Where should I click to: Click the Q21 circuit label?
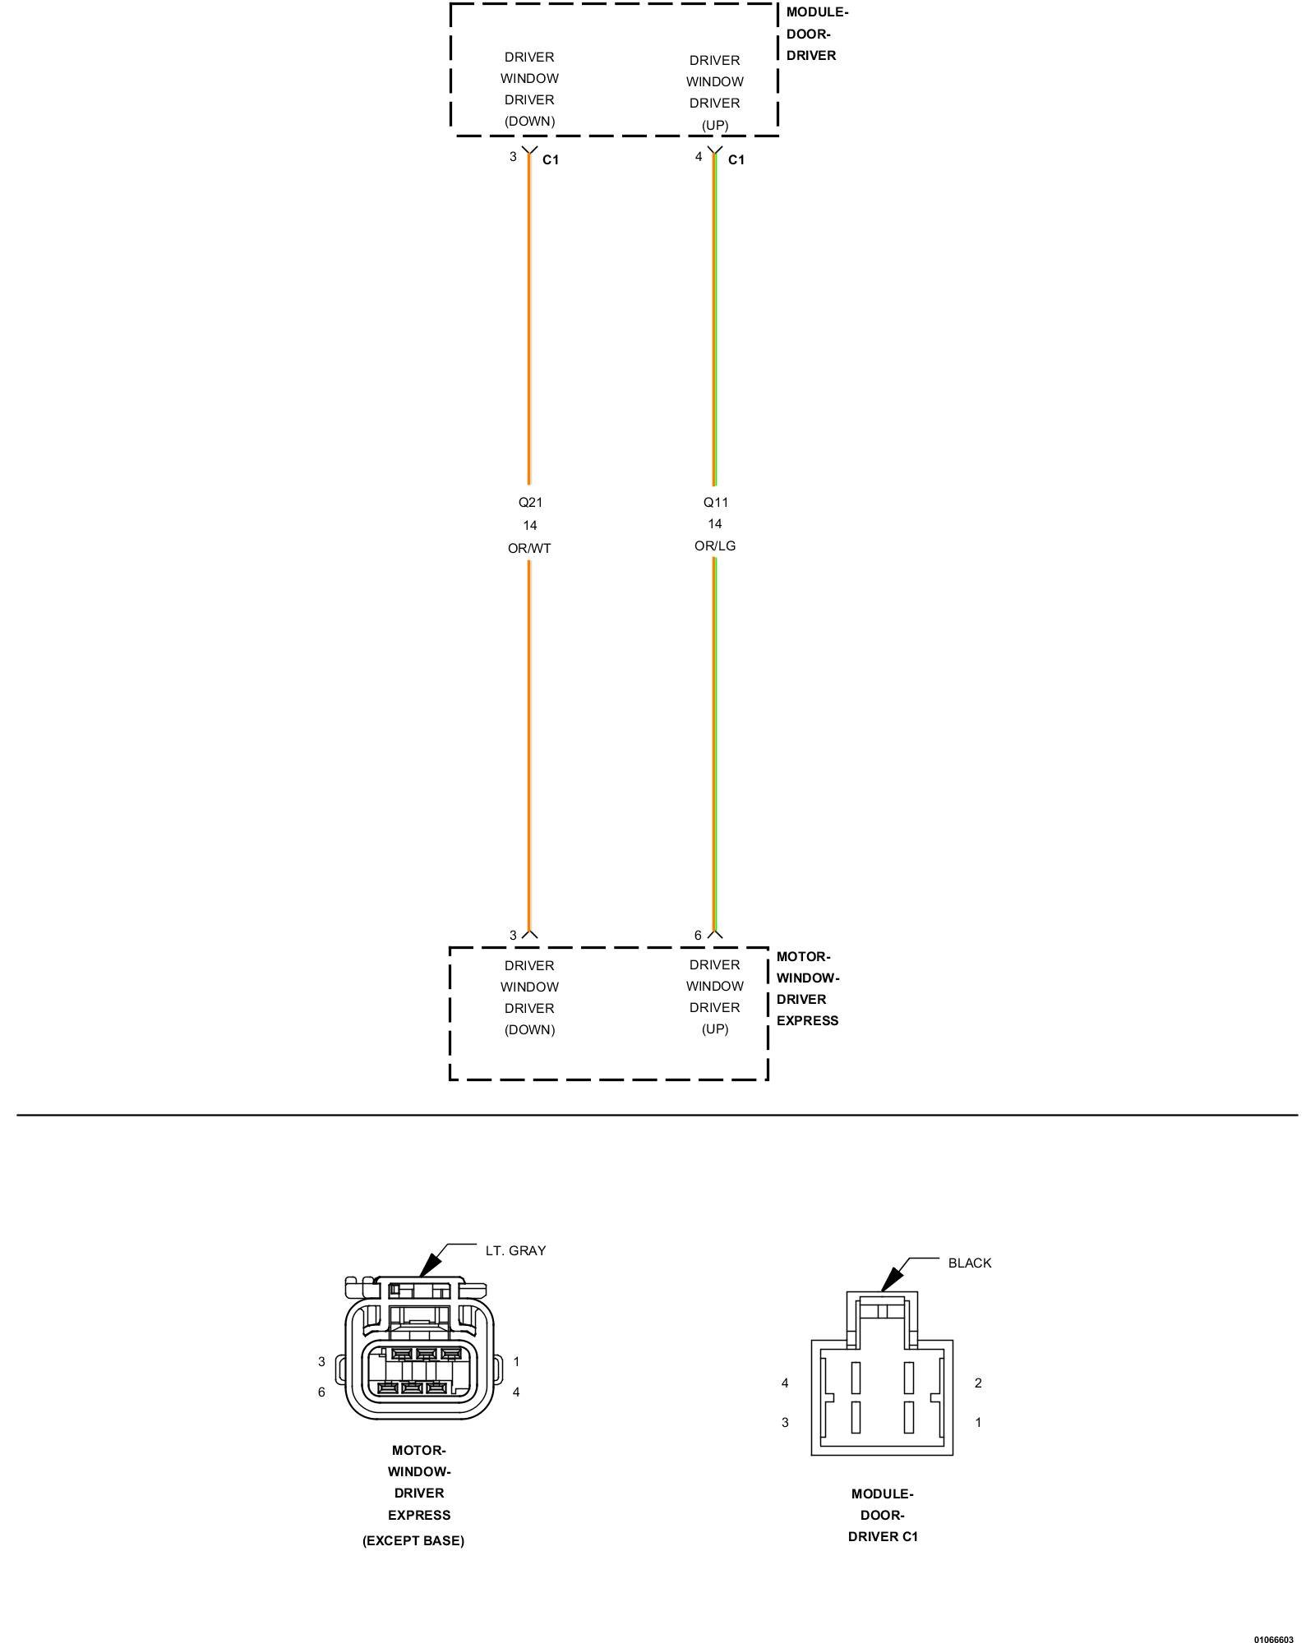(x=530, y=502)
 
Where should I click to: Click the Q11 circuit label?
(x=716, y=502)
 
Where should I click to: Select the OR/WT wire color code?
(x=529, y=548)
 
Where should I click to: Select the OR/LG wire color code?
(x=715, y=545)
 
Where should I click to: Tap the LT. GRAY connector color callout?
(x=515, y=1250)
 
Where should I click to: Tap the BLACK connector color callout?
(x=970, y=1263)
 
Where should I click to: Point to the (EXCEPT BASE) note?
(x=413, y=1540)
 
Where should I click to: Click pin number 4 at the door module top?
(x=699, y=156)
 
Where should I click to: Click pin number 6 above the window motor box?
(x=699, y=935)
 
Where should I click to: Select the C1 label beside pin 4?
(x=736, y=159)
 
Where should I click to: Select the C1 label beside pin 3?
(x=551, y=159)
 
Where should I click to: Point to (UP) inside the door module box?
(x=715, y=125)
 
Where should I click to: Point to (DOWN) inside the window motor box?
(x=530, y=1029)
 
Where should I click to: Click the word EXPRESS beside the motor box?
(x=808, y=1020)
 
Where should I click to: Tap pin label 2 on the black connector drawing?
(x=978, y=1383)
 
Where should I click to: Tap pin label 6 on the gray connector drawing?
(x=321, y=1392)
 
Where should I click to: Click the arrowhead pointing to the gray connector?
(x=428, y=1265)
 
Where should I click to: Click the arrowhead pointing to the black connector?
(x=891, y=1278)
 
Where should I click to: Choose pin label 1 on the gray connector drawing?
(x=516, y=1361)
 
